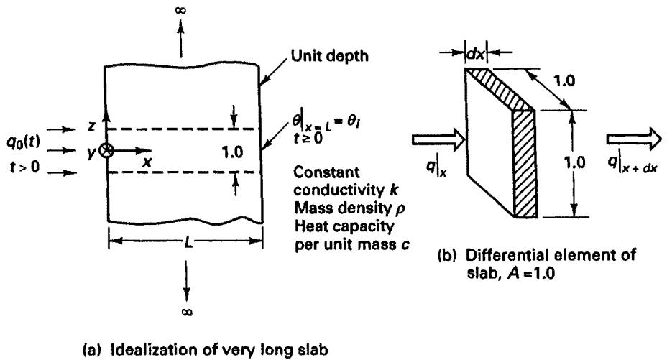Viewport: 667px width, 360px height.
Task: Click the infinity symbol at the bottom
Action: (x=187, y=312)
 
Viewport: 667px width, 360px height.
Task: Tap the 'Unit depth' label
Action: (x=329, y=56)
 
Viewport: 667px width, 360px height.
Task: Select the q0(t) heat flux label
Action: (x=24, y=142)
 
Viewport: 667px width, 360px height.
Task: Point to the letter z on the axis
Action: (x=93, y=125)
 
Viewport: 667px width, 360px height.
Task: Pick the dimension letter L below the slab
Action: (x=188, y=242)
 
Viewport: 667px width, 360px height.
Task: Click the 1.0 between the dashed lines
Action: (x=232, y=152)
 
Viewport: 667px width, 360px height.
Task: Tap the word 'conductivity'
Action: (x=339, y=190)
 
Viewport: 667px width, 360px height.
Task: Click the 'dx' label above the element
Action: (x=475, y=54)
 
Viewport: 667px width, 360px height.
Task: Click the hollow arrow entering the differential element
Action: (x=437, y=140)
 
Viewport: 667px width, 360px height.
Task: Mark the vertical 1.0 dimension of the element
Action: (x=574, y=162)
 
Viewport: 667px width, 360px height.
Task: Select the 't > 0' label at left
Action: (x=24, y=167)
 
